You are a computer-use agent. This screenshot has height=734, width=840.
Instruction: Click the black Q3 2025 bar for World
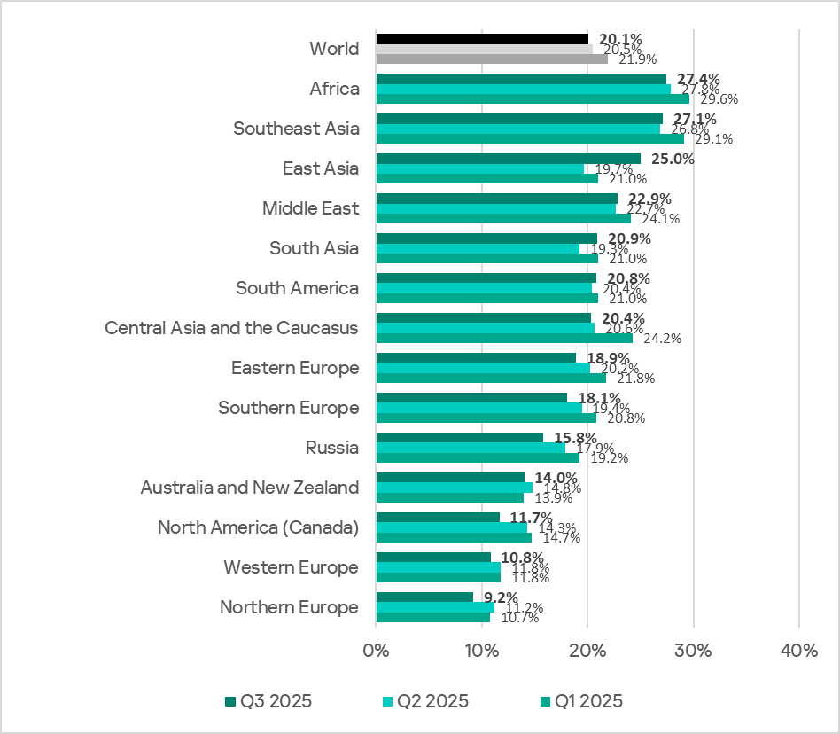[482, 39]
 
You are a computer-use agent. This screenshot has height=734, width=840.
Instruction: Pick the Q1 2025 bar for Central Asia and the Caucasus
[504, 338]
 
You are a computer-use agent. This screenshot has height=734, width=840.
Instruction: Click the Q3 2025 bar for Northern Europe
[424, 597]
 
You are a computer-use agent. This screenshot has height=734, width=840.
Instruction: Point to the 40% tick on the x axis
[798, 651]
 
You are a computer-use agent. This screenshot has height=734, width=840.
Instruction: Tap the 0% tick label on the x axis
[376, 651]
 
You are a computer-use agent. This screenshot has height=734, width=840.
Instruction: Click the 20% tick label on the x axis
[587, 651]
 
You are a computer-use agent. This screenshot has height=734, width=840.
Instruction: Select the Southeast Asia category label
[296, 129]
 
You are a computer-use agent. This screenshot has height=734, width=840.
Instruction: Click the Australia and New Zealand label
[250, 488]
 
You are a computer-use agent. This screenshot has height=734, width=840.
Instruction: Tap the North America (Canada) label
[258, 527]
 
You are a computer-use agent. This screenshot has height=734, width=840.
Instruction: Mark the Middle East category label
[310, 208]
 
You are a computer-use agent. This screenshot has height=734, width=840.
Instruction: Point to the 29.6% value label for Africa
[719, 99]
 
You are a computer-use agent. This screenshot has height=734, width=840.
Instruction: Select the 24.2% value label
[663, 339]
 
